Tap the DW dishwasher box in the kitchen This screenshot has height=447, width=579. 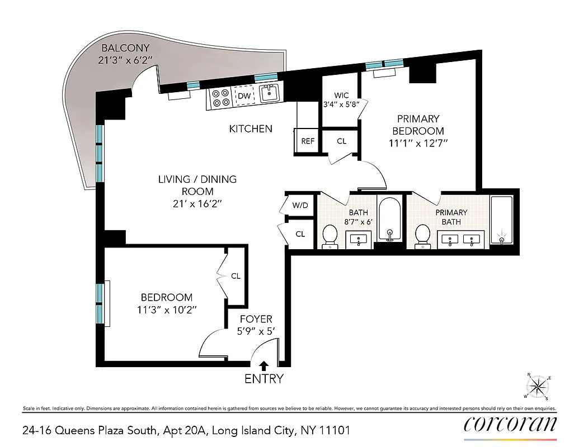[x=244, y=96]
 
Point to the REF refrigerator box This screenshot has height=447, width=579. [x=308, y=141]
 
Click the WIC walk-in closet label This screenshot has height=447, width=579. [x=341, y=95]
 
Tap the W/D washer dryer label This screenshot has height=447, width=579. [x=300, y=205]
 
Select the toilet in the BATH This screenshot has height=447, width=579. [x=331, y=236]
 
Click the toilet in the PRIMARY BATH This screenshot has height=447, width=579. [x=423, y=236]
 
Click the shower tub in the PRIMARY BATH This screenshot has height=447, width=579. [x=503, y=220]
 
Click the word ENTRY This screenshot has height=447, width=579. [x=264, y=379]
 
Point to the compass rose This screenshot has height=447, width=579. [x=538, y=386]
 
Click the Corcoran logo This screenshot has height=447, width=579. [x=510, y=424]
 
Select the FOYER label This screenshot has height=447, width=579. [x=256, y=319]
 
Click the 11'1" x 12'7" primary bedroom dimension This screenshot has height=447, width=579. [x=418, y=143]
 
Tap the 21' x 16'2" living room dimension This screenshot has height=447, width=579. [x=197, y=203]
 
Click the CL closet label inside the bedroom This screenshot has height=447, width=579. [x=236, y=276]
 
